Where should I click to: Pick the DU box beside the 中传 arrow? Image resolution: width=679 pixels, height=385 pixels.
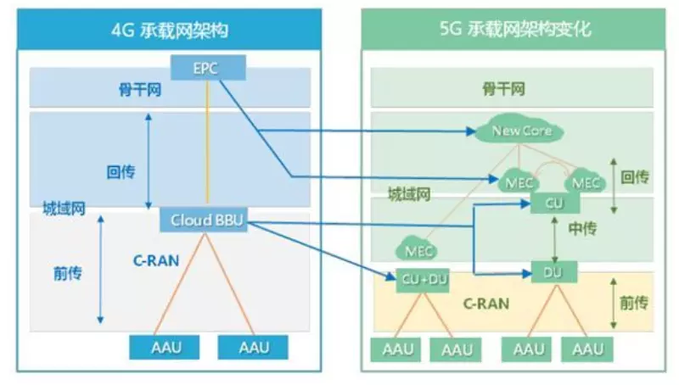pyautogui.click(x=553, y=272)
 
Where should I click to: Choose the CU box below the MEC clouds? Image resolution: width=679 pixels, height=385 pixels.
pyautogui.click(x=553, y=204)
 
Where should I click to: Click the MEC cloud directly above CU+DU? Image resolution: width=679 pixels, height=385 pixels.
pyautogui.click(x=419, y=250)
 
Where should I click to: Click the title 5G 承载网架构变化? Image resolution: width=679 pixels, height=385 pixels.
pyautogui.click(x=515, y=30)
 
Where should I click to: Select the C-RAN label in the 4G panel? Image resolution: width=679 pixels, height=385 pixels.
pyautogui.click(x=155, y=260)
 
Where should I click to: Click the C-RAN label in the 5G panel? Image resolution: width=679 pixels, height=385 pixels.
pyautogui.click(x=485, y=302)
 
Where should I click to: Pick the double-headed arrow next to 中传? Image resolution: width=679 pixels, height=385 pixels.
pyautogui.click(x=553, y=237)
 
